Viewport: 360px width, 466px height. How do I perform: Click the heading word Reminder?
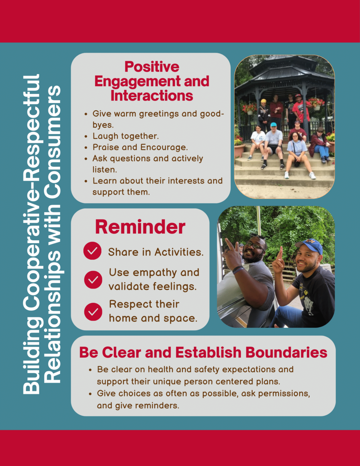140,227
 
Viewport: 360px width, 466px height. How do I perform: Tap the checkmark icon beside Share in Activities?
93,251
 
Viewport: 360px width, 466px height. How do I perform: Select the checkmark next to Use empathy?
93,280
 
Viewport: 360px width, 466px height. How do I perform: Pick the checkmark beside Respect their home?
93,312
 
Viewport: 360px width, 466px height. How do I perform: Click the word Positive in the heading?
152,67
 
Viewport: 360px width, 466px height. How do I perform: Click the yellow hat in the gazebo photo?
264,101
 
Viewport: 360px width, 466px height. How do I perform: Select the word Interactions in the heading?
152,96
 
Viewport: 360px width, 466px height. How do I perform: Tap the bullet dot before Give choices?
90,394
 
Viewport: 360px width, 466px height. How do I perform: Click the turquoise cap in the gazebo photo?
274,124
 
